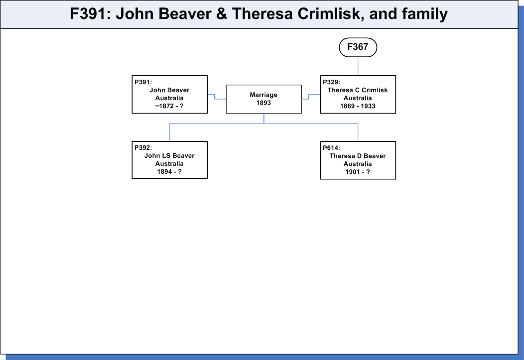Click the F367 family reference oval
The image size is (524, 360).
[358, 47]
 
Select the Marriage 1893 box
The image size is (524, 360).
[263, 99]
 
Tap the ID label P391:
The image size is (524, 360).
[143, 82]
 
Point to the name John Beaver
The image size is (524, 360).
[169, 90]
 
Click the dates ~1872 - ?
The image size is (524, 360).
[169, 106]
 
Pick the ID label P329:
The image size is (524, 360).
[331, 82]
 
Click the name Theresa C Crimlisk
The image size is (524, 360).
[358, 90]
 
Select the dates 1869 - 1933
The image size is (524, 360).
[358, 106]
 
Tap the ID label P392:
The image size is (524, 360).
[143, 147]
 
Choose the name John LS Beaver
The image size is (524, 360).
[169, 156]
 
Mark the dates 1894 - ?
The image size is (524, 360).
[169, 172]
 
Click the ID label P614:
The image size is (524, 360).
[331, 148]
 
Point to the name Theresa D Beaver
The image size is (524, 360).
[358, 156]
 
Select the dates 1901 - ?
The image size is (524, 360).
[358, 172]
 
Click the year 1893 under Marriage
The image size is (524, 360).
[263, 103]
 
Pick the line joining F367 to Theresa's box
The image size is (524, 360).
[358, 66]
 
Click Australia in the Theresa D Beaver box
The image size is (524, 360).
[358, 164]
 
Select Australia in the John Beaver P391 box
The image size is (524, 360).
[169, 98]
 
